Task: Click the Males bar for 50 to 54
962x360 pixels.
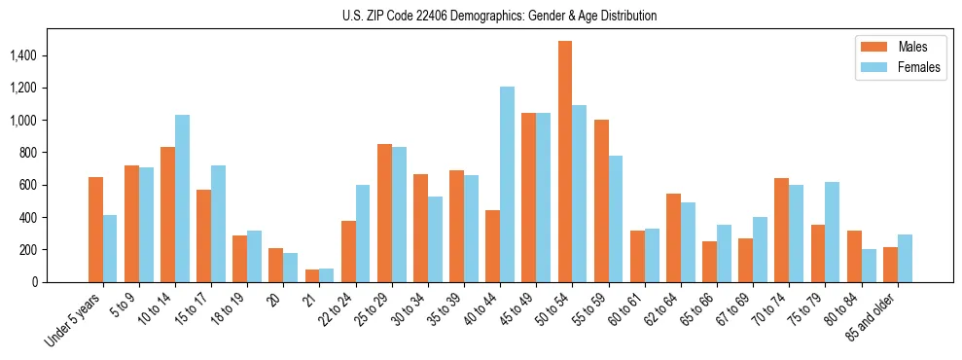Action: click(565, 162)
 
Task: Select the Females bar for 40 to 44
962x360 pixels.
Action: click(507, 185)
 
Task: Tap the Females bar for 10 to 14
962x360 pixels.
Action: click(183, 198)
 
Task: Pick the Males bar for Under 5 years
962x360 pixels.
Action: click(95, 230)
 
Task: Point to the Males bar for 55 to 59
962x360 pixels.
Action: click(601, 201)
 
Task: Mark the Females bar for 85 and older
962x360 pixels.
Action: click(905, 258)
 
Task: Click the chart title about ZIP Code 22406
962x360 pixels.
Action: click(499, 16)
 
